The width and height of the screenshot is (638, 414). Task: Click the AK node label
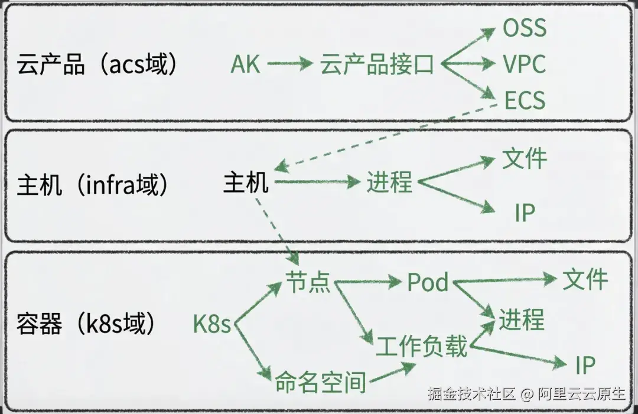coord(245,64)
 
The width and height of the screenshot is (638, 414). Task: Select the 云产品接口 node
coord(377,64)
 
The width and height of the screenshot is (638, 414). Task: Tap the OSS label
coord(525,28)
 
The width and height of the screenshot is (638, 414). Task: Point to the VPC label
coord(524,64)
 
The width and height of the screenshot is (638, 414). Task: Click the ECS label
coord(525,100)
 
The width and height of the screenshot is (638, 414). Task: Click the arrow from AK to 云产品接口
coord(289,64)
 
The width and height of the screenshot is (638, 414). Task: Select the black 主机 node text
coord(246,182)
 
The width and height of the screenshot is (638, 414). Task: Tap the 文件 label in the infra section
coord(525,158)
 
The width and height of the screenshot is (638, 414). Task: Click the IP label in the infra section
coord(525,212)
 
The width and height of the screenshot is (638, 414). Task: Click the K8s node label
coord(211,324)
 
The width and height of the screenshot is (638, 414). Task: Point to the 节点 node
coord(307,282)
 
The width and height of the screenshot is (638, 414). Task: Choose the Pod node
coord(428,282)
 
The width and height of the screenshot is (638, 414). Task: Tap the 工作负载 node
coord(422,346)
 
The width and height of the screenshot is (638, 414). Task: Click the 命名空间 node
coord(320,383)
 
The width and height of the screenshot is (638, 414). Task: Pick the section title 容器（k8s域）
coord(88,324)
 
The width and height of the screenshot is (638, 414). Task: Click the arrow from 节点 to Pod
coord(367,283)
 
